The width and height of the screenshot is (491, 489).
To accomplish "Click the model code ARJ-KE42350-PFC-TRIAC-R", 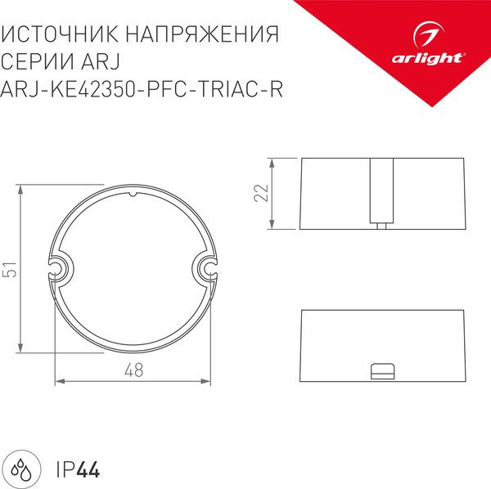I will pyautogui.click(x=143, y=89).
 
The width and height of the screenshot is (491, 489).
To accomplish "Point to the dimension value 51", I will pyautogui.click(x=11, y=270).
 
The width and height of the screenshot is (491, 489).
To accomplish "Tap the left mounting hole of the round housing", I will pyautogui.click(x=57, y=267).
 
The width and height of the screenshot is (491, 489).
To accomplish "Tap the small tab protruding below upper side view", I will pyautogui.click(x=382, y=227).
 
